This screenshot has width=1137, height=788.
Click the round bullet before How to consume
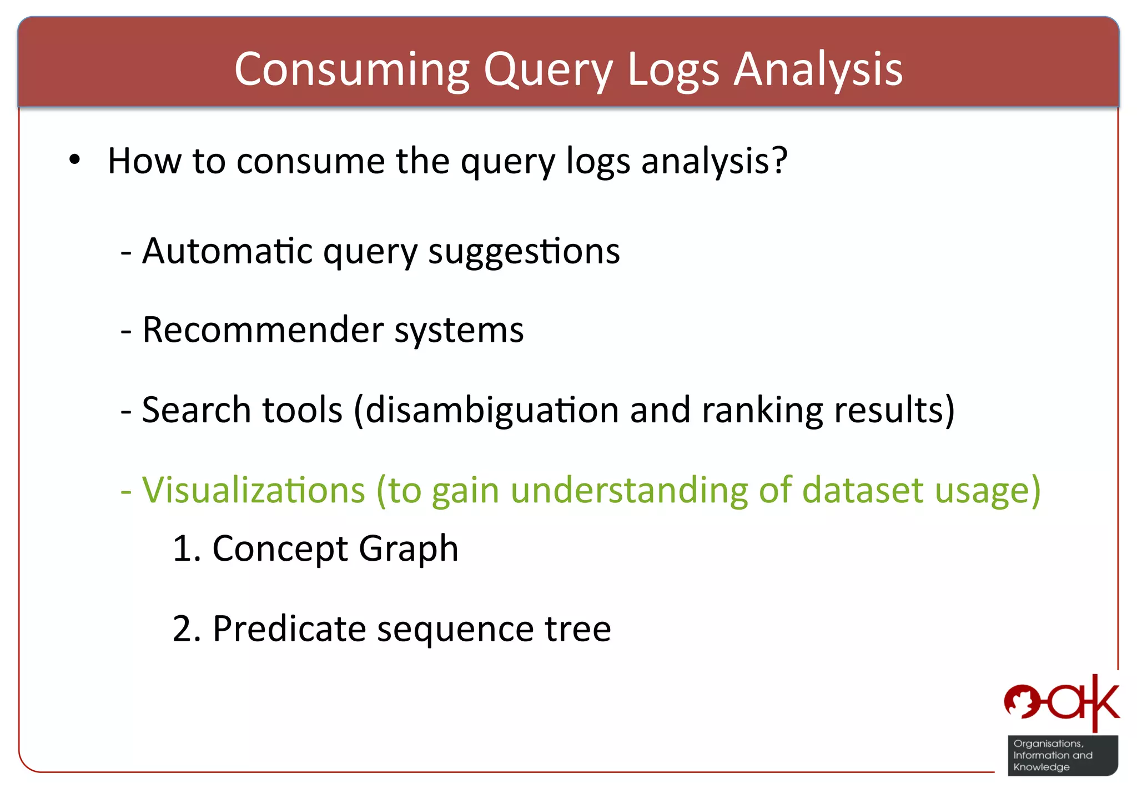(75, 161)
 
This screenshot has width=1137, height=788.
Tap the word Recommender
(263, 330)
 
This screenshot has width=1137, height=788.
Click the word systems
(459, 330)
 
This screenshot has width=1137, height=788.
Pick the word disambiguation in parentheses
(491, 410)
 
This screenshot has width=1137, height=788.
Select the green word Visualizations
(254, 490)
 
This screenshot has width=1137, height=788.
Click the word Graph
(408, 549)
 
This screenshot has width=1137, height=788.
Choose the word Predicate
(289, 629)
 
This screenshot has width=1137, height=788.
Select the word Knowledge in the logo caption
(1041, 767)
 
